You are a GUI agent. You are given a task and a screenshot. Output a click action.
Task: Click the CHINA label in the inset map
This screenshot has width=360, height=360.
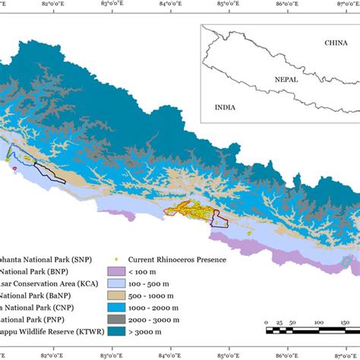pos(335,43)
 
